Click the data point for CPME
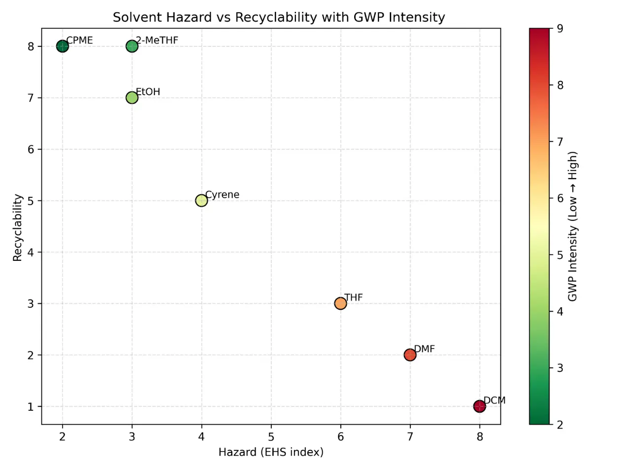(62, 46)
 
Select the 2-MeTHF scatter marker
(132, 46)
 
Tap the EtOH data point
(132, 98)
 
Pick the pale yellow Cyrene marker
(201, 201)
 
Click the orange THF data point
(340, 303)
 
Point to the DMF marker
(410, 355)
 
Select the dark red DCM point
(479, 406)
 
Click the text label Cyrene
(222, 195)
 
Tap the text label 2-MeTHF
(157, 40)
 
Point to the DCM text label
(494, 400)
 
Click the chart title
(279, 17)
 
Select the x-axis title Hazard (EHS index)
(271, 452)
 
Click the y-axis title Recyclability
(18, 227)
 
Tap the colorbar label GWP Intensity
(572, 226)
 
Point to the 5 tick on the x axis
(271, 436)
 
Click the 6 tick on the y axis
(31, 149)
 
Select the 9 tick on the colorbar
(560, 29)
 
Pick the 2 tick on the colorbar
(560, 425)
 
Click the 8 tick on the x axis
(479, 436)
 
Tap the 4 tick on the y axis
(31, 253)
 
